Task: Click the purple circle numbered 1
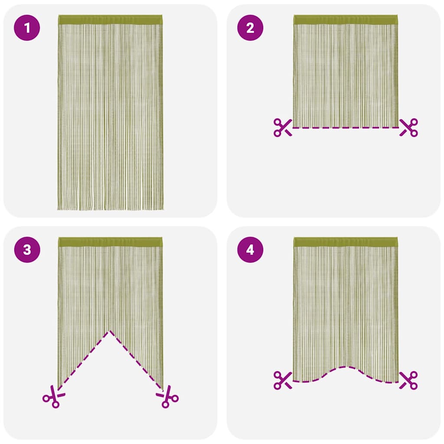tap(27, 29)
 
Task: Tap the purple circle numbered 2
tap(250, 29)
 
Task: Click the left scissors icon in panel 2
tap(282, 127)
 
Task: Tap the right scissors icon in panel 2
tap(408, 127)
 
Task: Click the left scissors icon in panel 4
tap(282, 380)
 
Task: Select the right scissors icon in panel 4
tap(408, 380)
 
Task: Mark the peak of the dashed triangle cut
tap(110, 332)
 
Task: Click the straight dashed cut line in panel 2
tap(346, 127)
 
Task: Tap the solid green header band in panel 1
tap(110, 20)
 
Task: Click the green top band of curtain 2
tap(346, 20)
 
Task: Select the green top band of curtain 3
tap(110, 242)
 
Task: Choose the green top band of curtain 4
tap(346, 242)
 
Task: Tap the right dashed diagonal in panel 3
tap(137, 359)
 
